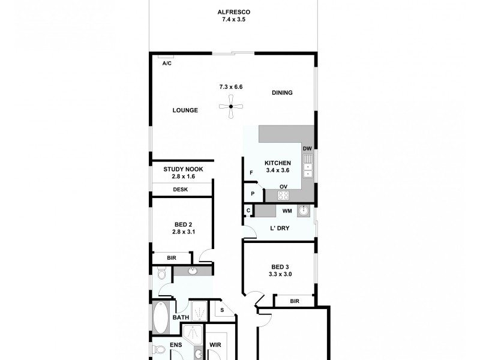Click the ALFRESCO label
(233, 12)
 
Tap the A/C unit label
(167, 63)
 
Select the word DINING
(282, 92)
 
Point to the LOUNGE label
(185, 110)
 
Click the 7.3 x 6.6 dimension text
(230, 87)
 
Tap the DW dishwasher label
(307, 149)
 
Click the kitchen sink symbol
(308, 165)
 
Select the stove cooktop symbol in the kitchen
(284, 195)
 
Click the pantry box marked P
(253, 194)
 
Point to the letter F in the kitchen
(251, 173)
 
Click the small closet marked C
(248, 211)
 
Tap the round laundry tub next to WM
(304, 211)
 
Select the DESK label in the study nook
(181, 190)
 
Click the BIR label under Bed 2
(172, 258)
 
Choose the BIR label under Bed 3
(294, 301)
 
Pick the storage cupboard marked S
(222, 310)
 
